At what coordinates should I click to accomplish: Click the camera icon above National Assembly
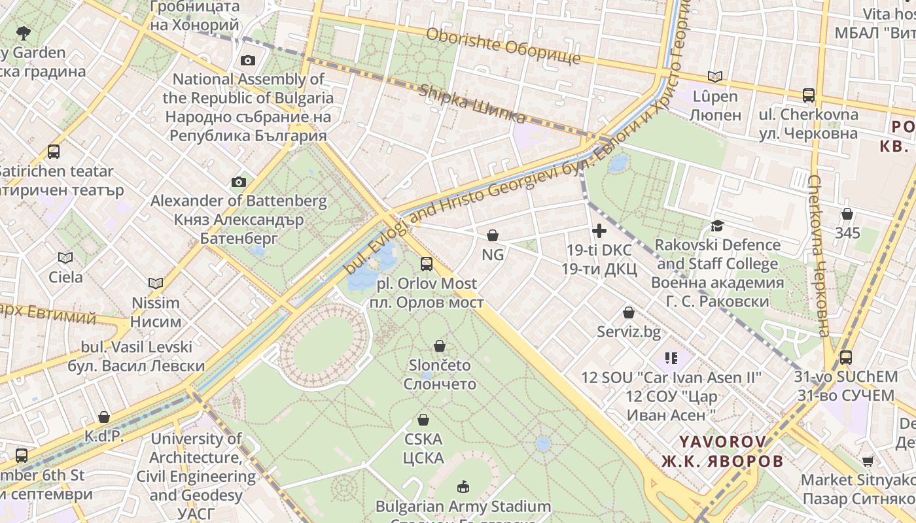click(248, 61)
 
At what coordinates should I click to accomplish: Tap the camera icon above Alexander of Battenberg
click(239, 182)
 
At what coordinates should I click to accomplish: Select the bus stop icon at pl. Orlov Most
click(427, 264)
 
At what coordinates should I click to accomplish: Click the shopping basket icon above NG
click(493, 235)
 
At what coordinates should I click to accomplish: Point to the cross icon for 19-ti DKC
click(599, 231)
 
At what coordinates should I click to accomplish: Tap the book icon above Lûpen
click(715, 77)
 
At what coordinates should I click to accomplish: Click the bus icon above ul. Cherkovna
click(809, 95)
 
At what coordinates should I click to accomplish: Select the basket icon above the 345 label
click(847, 214)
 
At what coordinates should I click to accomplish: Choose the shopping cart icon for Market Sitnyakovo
click(868, 461)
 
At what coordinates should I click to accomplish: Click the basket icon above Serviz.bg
click(629, 313)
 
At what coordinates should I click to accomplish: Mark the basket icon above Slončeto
click(440, 346)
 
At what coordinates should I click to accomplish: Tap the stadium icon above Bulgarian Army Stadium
click(463, 486)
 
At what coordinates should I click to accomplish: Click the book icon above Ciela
click(65, 258)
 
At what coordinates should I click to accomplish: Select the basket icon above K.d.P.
click(104, 417)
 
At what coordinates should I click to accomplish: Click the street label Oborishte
click(502, 46)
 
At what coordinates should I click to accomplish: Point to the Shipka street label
click(472, 104)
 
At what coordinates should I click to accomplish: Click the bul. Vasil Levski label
click(136, 356)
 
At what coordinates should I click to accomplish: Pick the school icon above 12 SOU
click(671, 358)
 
